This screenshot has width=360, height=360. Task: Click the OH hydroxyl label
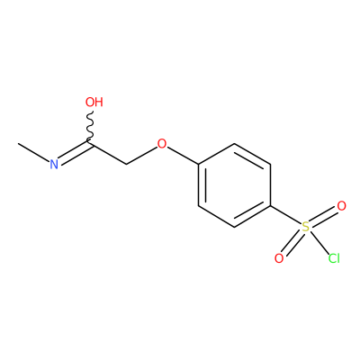[94, 102]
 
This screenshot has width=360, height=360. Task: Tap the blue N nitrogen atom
[54, 165]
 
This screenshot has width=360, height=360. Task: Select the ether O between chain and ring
[162, 144]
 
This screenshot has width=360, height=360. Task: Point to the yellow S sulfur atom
[305, 227]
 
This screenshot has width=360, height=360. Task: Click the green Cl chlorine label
[334, 258]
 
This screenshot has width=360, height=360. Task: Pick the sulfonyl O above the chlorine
[341, 206]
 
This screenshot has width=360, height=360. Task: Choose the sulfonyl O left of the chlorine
[279, 258]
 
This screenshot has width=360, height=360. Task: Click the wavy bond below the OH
[90, 127]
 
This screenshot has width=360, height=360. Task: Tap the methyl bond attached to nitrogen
[34, 153]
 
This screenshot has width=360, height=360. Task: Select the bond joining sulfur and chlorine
[319, 242]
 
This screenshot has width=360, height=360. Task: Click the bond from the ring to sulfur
[285, 215]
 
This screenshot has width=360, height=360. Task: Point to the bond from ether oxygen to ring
[183, 156]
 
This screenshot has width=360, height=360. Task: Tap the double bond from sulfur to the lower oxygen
[292, 242]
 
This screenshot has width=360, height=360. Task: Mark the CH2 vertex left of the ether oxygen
[126, 165]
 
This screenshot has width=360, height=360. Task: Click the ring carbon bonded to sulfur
[270, 206]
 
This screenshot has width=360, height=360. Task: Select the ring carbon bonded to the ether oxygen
[198, 165]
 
